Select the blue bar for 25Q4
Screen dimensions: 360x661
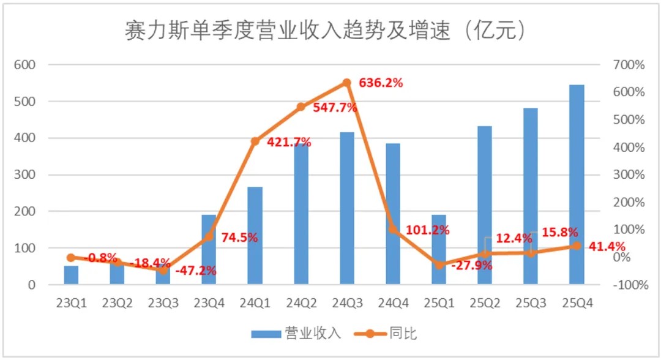(576, 184)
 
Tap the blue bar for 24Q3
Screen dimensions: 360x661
(346, 208)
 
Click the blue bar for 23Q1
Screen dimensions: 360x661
(71, 275)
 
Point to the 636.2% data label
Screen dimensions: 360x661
(381, 83)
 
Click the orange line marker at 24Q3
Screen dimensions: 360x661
(346, 83)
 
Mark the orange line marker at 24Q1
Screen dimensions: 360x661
(255, 141)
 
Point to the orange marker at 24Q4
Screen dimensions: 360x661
(393, 230)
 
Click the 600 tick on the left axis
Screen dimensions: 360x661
(27, 64)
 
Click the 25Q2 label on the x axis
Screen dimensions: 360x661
(485, 302)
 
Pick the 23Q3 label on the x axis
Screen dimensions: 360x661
(163, 302)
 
